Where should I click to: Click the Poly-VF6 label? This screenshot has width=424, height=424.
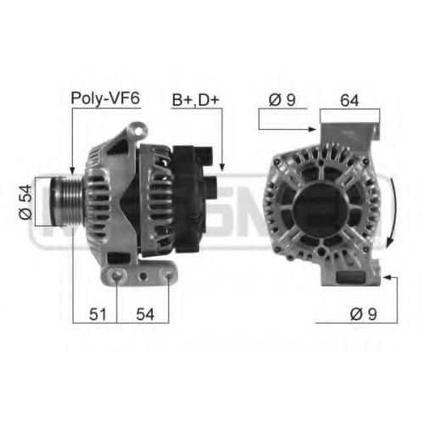[x=105, y=98]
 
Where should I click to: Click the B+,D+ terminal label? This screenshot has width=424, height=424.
[x=196, y=100]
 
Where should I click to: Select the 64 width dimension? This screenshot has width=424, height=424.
[x=349, y=100]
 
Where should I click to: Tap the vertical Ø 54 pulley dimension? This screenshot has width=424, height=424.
[x=25, y=202]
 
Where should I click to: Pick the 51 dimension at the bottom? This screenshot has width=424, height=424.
[x=98, y=315]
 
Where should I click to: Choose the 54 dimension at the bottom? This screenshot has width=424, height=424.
[x=145, y=315]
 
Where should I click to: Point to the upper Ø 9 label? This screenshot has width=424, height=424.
[x=282, y=100]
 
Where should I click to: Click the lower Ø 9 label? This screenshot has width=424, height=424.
[x=364, y=314]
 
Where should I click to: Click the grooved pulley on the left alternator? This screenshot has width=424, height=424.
[x=67, y=201]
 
